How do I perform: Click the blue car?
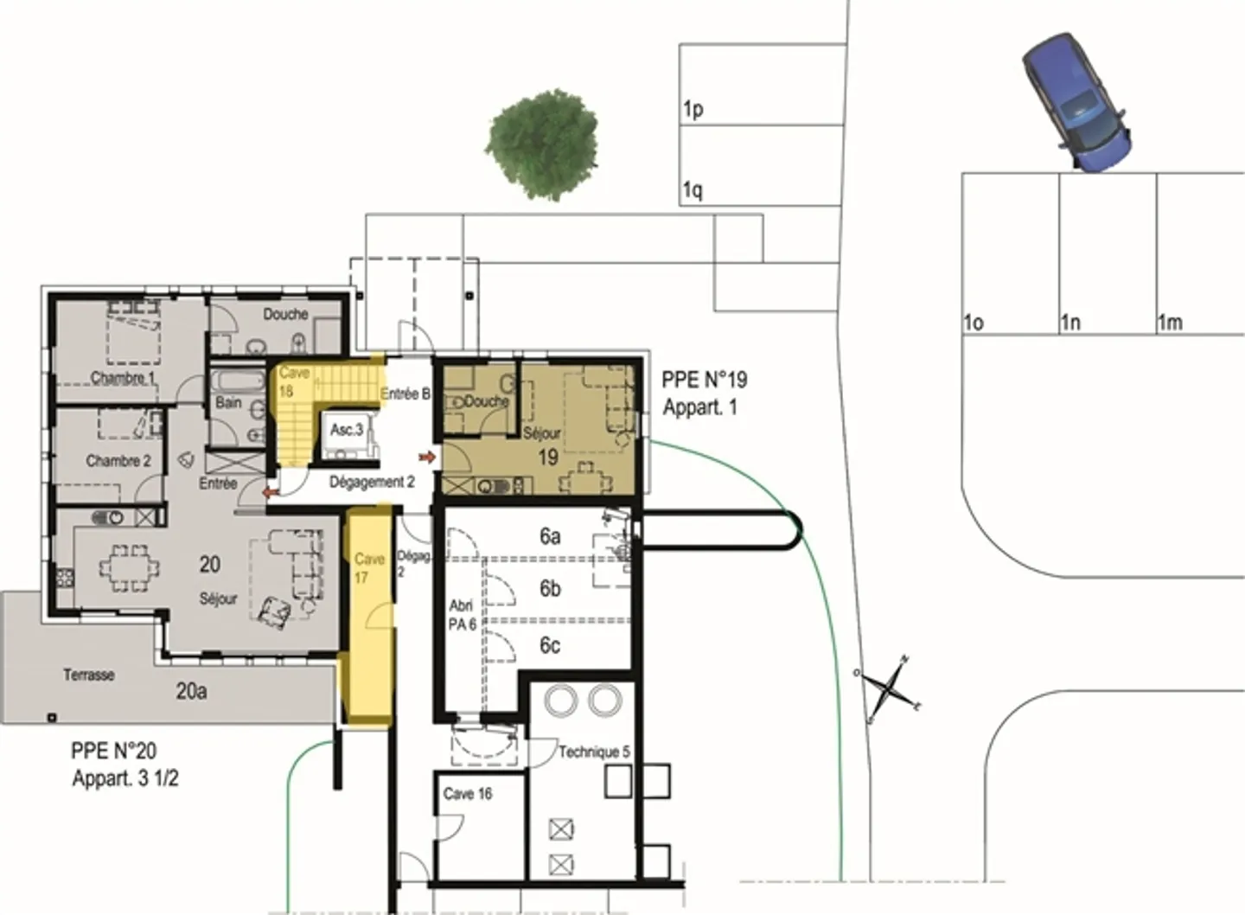point(1076,101)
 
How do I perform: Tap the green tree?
point(542,144)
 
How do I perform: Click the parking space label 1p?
point(693,110)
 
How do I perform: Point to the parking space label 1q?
point(692,190)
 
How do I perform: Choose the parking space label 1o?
point(974,323)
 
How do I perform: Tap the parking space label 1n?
point(1070,323)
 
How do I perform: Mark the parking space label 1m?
point(1170,323)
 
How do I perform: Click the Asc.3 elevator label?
point(347,430)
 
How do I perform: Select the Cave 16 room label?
point(468,793)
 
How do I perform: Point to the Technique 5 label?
point(593,752)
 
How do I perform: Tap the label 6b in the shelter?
point(550,589)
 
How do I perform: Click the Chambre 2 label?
point(118,461)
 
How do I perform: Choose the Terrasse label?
point(89,675)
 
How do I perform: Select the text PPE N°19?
point(704,380)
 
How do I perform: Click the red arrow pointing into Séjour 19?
point(426,456)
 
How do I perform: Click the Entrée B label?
point(405,394)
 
